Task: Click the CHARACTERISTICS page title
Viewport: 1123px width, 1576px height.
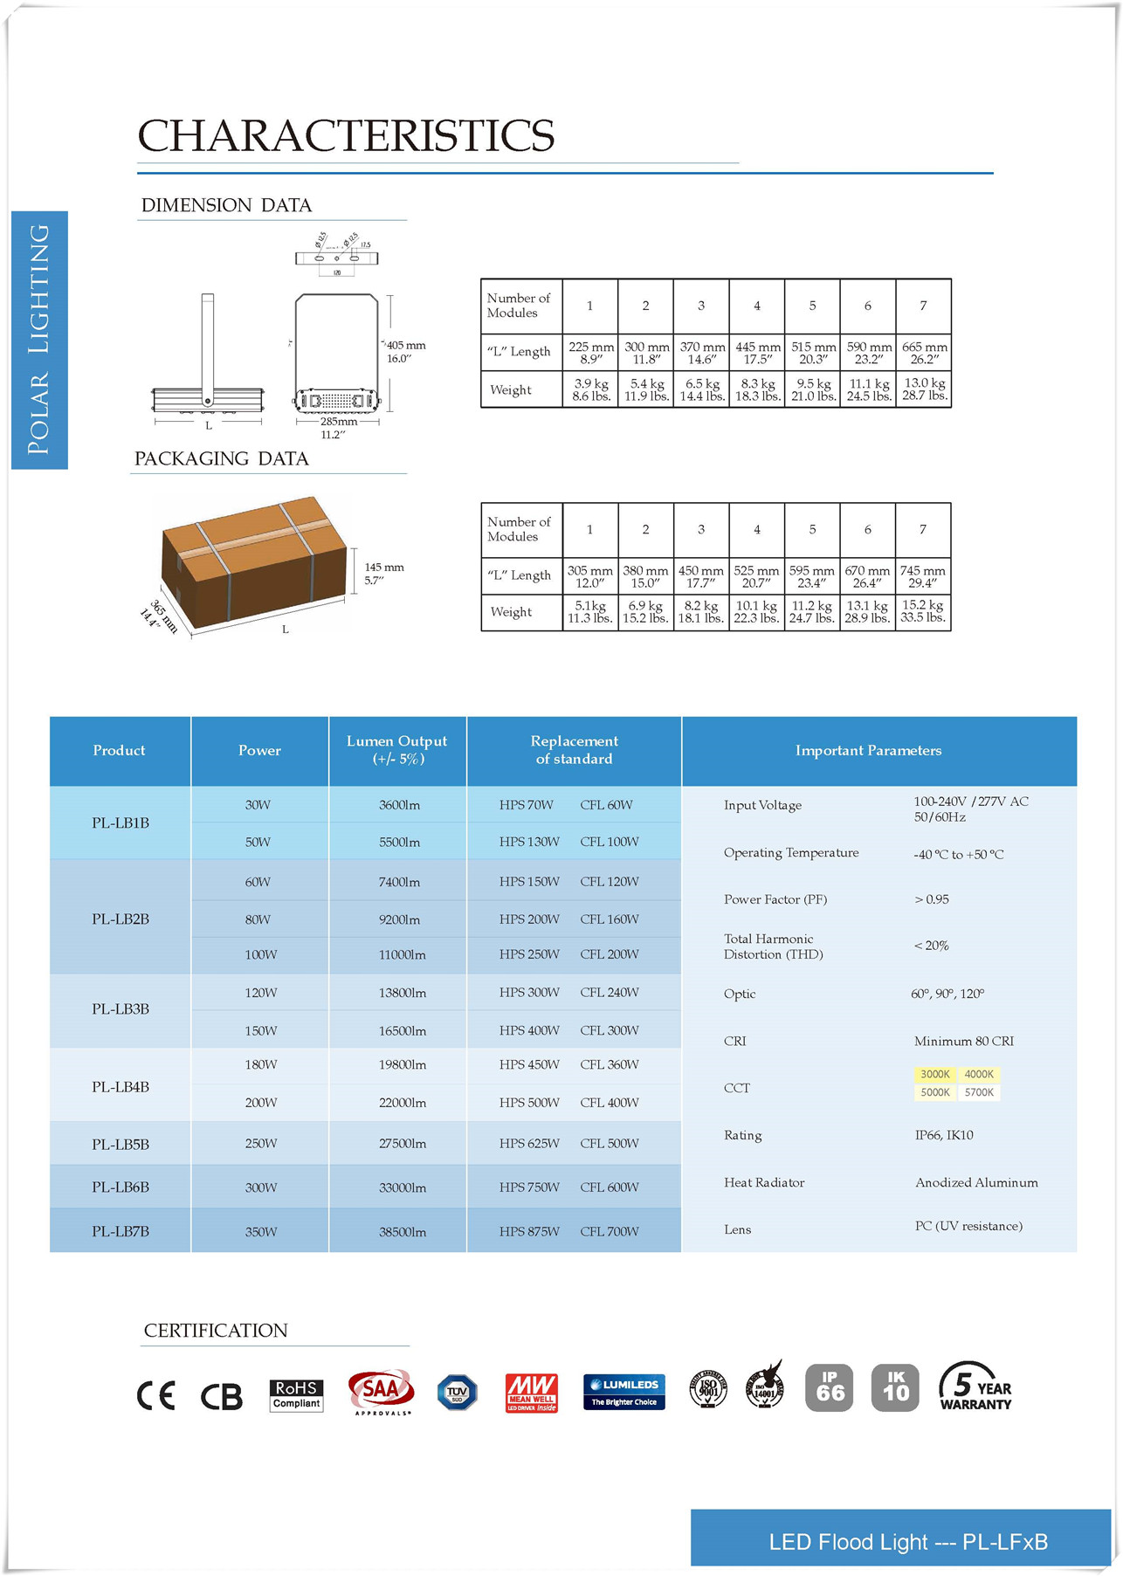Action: point(346,136)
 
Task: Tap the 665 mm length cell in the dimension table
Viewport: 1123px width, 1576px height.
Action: point(923,353)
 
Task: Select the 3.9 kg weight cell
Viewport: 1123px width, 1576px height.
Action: point(590,389)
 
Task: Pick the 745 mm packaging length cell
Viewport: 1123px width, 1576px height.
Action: point(923,576)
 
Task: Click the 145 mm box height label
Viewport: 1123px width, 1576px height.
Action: point(383,573)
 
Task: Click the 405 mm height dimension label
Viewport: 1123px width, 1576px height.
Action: point(405,351)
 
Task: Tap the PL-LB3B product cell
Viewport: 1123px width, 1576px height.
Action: point(121,1009)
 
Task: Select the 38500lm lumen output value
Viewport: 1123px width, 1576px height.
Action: point(403,1232)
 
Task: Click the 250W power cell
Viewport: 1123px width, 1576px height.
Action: point(260,1144)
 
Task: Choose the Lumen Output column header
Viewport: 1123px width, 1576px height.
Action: point(397,750)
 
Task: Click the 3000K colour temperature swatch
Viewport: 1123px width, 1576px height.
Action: point(934,1075)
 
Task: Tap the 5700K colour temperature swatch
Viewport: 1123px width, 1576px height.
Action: point(979,1093)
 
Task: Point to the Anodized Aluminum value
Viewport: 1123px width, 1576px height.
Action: point(976,1183)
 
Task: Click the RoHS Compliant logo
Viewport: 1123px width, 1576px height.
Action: point(296,1394)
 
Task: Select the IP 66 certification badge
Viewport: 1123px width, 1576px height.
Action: point(829,1387)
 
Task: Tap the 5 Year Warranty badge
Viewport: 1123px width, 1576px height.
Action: point(975,1387)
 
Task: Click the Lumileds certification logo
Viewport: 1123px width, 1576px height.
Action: point(624,1392)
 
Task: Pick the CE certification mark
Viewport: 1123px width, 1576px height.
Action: point(156,1395)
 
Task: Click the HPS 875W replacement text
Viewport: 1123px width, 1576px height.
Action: point(529,1232)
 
